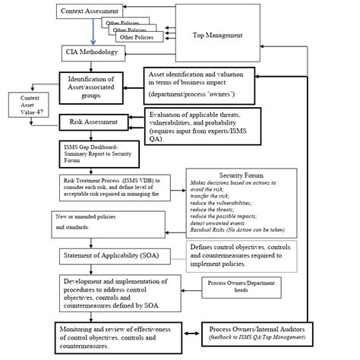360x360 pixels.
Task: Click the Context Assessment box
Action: coord(89,11)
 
